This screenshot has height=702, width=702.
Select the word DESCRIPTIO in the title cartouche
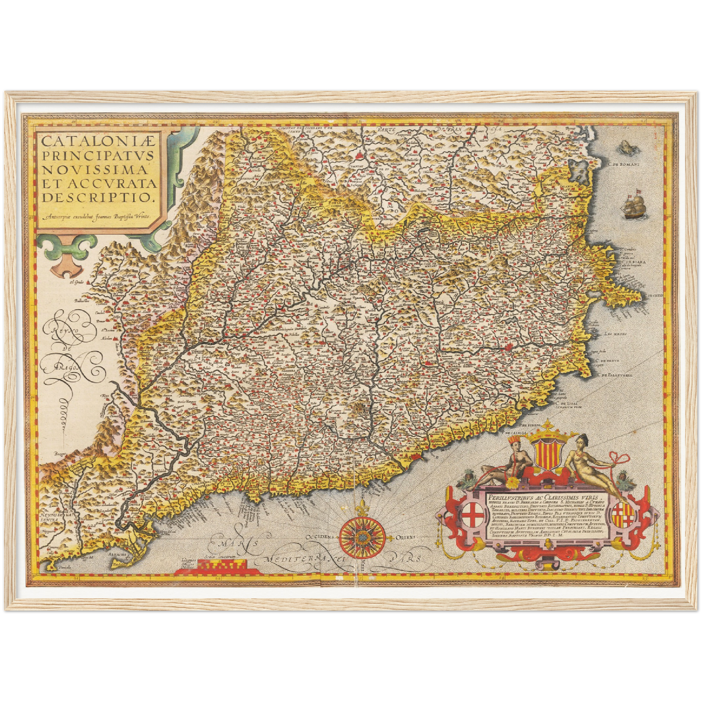pyautogui.click(x=98, y=197)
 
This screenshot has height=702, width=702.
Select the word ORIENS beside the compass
pyautogui.click(x=405, y=537)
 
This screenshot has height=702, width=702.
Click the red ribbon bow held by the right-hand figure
pyautogui.click(x=619, y=458)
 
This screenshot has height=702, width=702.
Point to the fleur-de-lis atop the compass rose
pyautogui.click(x=362, y=509)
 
